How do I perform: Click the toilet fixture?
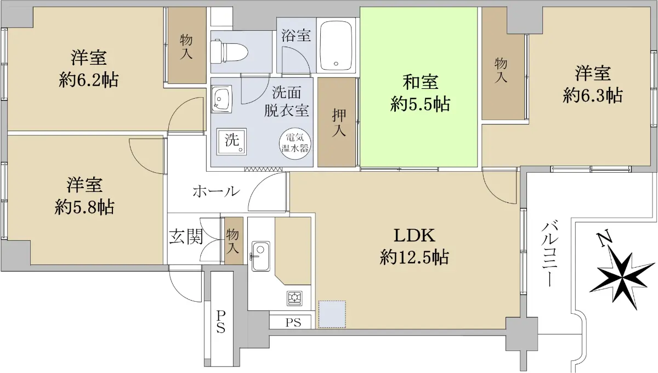pyautogui.click(x=229, y=52)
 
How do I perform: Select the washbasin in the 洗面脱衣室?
pyautogui.click(x=222, y=99)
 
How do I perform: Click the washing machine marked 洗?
pyautogui.click(x=231, y=142)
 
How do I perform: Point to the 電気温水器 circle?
pyautogui.click(x=294, y=143)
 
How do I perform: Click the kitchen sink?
pyautogui.click(x=260, y=257)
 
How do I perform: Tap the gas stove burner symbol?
pyautogui.click(x=294, y=298)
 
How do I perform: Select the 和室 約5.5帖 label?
pyautogui.click(x=420, y=93)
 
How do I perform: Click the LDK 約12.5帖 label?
pyautogui.click(x=414, y=246)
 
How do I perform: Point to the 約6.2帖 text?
pyautogui.click(x=89, y=80)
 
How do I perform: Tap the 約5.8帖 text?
pyautogui.click(x=84, y=207)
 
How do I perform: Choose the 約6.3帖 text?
pyautogui.click(x=593, y=95)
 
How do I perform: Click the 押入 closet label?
pyautogui.click(x=339, y=123)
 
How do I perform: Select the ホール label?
pyautogui.click(x=216, y=191)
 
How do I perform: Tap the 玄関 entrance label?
pyautogui.click(x=186, y=236)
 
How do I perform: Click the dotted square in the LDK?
pyautogui.click(x=332, y=314)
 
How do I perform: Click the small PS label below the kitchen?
pyautogui.click(x=293, y=323)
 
